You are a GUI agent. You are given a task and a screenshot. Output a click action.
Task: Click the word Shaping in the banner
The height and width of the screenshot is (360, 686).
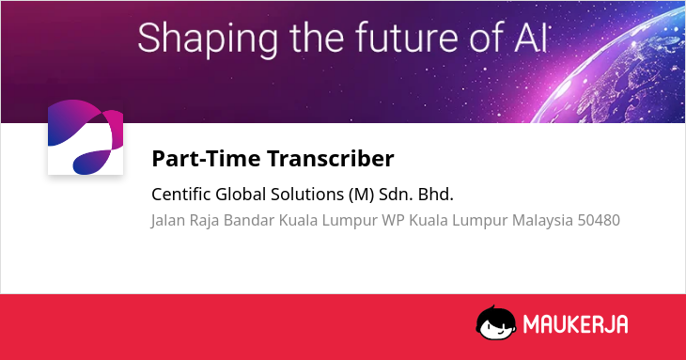point(208,39)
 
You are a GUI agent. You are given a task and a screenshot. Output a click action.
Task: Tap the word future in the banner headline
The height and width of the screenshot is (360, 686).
point(408,38)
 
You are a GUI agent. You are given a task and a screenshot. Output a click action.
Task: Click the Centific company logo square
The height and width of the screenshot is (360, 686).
point(86,137)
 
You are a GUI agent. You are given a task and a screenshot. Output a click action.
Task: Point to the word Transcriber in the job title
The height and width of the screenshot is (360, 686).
point(331,158)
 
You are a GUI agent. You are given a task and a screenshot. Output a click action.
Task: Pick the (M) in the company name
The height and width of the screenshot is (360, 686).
point(362,195)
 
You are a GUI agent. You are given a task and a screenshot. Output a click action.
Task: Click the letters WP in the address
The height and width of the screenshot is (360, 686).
point(393,220)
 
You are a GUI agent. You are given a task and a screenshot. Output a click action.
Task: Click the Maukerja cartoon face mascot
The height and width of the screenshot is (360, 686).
point(496,322)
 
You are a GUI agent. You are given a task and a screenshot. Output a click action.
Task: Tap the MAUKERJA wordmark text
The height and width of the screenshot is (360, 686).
point(576,324)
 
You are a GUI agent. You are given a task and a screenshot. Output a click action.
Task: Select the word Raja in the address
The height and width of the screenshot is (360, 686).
point(204,221)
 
